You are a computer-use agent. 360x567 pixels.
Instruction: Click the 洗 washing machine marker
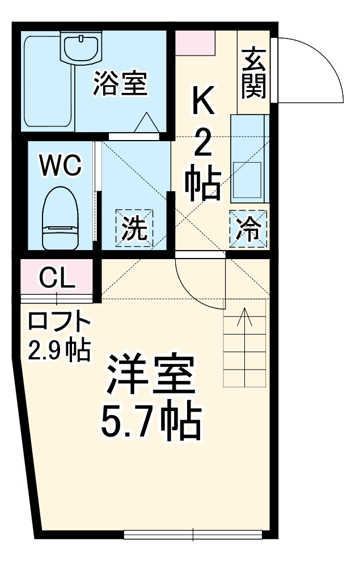click(x=135, y=228)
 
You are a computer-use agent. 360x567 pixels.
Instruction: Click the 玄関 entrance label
click(x=252, y=72)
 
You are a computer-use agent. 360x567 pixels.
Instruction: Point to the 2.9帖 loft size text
click(x=60, y=350)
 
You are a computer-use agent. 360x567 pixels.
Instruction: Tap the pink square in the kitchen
click(x=195, y=43)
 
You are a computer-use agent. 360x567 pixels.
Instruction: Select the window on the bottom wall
click(x=193, y=534)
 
